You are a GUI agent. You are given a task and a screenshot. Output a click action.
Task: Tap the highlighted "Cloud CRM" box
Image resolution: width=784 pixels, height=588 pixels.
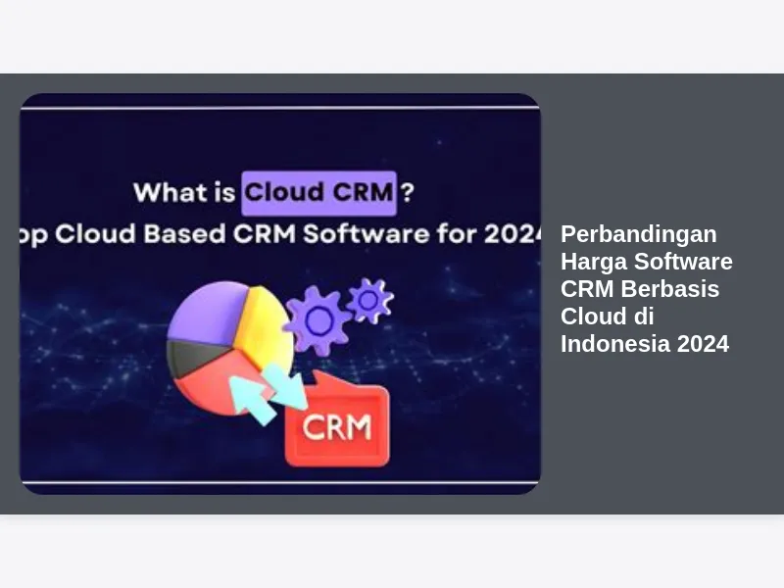(319, 193)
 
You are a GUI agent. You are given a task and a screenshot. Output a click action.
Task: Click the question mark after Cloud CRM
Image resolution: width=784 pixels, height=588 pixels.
(408, 192)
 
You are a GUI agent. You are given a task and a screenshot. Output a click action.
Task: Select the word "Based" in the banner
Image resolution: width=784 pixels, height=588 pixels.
(184, 233)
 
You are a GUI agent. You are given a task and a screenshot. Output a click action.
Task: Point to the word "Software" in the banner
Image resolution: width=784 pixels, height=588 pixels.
(366, 233)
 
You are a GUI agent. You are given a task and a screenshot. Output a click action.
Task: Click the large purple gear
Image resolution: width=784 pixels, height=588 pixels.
(318, 320)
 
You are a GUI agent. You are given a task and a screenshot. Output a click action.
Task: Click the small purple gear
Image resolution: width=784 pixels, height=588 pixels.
(369, 301)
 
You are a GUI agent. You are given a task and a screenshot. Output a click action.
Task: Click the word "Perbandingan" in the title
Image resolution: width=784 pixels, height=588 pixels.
(639, 234)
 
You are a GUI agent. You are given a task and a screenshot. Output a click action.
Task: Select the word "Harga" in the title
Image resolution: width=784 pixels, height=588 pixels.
(593, 262)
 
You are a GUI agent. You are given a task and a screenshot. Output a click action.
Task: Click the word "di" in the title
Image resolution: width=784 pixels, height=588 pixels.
(644, 316)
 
